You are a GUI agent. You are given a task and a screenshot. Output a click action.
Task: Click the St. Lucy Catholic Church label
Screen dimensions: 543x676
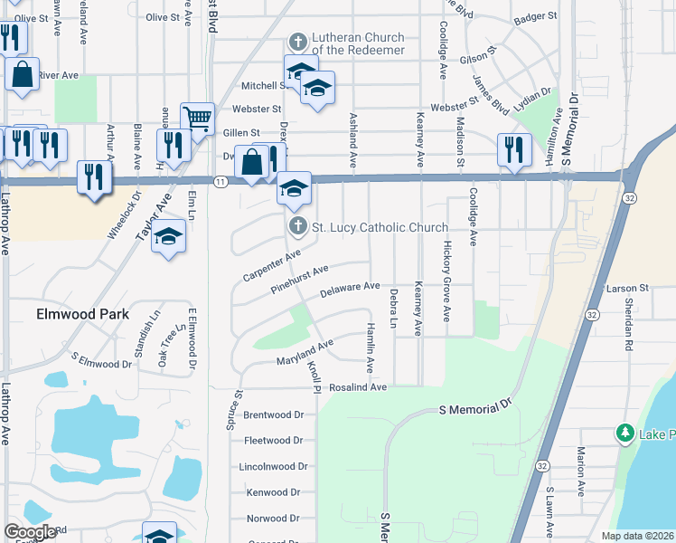[380, 227]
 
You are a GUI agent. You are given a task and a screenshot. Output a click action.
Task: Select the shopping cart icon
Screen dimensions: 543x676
[197, 118]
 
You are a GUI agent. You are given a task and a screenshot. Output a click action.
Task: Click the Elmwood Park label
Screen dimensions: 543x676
[82, 314]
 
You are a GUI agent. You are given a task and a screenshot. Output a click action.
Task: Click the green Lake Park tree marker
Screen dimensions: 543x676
[624, 433]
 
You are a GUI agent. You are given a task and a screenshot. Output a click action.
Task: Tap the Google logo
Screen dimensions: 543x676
[30, 532]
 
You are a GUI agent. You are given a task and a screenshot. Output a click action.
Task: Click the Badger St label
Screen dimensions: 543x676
[535, 16]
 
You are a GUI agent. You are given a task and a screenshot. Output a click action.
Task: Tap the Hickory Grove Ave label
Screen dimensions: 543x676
[446, 281]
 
